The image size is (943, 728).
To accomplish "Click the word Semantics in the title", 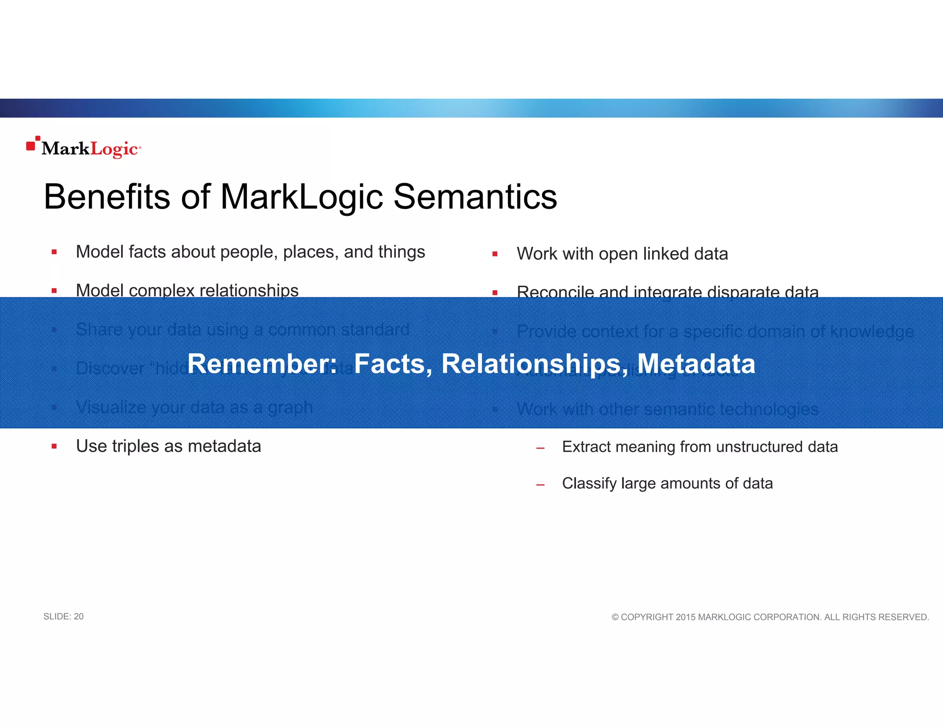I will point(475,197).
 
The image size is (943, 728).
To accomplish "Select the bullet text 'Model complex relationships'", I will point(187,290).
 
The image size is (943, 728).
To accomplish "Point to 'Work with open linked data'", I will point(622,254).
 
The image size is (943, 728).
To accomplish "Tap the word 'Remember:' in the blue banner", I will point(262,364).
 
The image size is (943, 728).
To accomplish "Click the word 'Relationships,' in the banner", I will point(535,364).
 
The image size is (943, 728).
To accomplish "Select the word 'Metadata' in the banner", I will point(696,364).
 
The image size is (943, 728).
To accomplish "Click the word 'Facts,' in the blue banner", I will point(393,364).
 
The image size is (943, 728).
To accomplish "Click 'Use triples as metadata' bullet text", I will point(169,446).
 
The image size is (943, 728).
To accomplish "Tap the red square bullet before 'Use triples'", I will point(54,446).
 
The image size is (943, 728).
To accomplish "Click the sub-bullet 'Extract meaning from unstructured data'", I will point(699,447).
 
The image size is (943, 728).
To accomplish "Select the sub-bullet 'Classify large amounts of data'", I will point(667,483).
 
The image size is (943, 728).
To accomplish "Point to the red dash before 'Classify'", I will point(541,485).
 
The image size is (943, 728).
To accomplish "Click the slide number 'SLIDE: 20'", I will point(64,617).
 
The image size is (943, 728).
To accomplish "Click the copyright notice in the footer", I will point(770,617).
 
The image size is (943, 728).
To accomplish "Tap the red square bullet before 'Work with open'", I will point(495,254).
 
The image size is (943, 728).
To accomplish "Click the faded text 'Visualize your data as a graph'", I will point(194,407).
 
